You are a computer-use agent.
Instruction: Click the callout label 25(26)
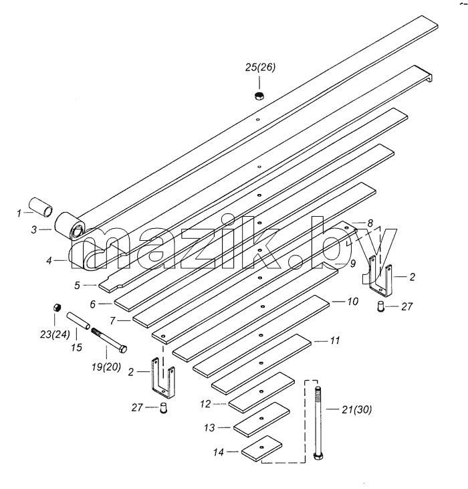coord(260,68)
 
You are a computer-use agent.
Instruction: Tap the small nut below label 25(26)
coord(259,96)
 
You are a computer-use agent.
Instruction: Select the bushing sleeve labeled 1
coord(41,207)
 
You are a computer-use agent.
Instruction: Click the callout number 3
coord(34,230)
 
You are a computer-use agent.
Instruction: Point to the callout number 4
coord(49,260)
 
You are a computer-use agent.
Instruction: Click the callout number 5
coord(77,286)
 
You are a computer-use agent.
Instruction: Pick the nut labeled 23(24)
coord(56,308)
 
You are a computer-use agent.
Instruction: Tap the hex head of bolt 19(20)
coord(123,349)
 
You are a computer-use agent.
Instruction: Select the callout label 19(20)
coord(106,367)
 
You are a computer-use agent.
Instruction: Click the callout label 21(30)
coord(357,409)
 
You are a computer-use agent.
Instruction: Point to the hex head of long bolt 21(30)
coord(318,456)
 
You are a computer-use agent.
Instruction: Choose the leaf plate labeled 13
coord(261,419)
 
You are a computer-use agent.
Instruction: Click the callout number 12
coord(206,404)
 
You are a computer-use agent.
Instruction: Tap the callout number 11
coord(335,340)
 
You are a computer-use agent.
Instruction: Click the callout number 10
coord(353,301)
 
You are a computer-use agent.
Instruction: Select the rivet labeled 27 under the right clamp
coord(381,306)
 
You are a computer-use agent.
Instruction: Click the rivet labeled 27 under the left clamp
coord(163,408)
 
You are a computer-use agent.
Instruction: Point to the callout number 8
coord(370,223)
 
